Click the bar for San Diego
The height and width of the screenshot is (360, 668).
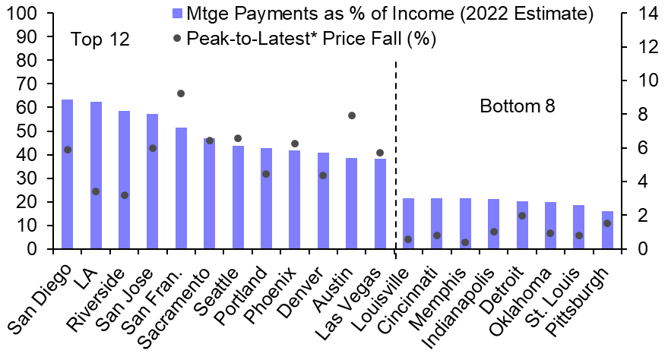[67, 175]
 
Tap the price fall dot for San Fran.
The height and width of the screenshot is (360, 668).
[181, 93]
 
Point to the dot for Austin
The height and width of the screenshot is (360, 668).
[352, 115]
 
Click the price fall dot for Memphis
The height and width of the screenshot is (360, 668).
[465, 242]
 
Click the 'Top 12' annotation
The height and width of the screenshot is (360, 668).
[100, 40]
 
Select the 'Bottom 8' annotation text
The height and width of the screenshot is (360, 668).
[518, 106]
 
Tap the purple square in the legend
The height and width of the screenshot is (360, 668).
[178, 14]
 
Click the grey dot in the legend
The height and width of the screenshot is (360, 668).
[178, 37]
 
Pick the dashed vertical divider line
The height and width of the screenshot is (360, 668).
[396, 152]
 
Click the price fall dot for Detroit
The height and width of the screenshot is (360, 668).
[522, 216]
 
